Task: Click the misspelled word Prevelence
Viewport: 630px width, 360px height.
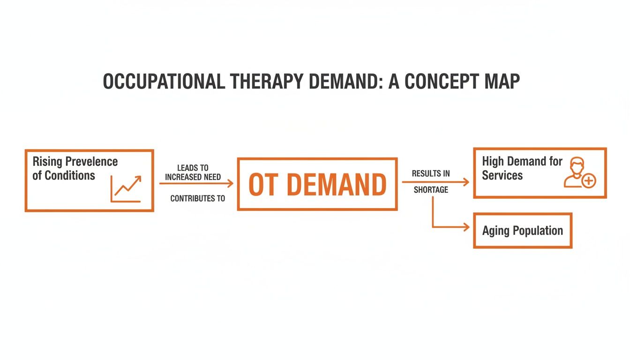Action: tap(91, 162)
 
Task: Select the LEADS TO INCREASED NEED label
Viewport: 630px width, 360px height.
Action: tap(193, 172)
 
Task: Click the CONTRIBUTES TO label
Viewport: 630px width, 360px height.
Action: tap(197, 199)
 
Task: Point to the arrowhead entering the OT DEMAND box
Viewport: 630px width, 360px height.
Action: tap(230, 184)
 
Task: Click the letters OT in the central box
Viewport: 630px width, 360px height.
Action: tap(263, 185)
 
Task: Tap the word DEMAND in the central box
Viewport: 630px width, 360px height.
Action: tap(336, 185)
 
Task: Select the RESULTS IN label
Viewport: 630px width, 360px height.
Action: tap(430, 173)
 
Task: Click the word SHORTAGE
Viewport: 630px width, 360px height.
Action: tap(430, 190)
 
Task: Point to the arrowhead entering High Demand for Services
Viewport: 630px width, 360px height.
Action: tap(466, 182)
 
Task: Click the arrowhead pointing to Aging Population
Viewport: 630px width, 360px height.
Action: tap(466, 227)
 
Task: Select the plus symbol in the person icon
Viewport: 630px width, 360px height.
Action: tap(589, 180)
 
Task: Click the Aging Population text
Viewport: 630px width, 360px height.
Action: tap(522, 231)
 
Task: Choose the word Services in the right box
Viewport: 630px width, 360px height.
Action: tap(502, 176)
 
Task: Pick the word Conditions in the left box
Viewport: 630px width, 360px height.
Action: tap(63, 176)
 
